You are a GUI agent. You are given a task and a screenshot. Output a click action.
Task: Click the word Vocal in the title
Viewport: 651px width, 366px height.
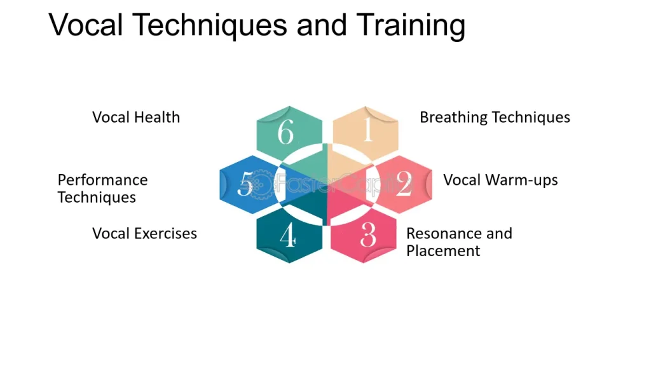[86, 25]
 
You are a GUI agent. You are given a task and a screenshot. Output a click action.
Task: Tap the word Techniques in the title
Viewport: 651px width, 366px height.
[210, 25]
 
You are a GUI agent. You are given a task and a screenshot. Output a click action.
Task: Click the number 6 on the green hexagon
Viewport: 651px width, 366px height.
[285, 132]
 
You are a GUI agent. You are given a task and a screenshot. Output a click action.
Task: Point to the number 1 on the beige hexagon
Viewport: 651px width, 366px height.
[367, 130]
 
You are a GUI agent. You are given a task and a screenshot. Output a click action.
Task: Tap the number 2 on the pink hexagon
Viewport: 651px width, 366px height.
[404, 184]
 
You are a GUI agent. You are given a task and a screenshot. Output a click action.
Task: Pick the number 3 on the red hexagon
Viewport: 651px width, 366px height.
[368, 235]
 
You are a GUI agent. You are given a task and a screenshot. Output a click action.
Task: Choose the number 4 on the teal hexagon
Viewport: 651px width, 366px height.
[288, 235]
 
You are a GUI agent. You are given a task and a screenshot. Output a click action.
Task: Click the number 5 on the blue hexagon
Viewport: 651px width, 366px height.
[245, 184]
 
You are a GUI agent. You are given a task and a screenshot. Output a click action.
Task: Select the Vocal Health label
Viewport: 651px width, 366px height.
[136, 117]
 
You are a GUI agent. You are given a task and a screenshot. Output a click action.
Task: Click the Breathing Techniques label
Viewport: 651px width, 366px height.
[495, 118]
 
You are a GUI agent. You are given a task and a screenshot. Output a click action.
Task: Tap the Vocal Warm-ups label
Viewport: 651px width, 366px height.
[500, 180]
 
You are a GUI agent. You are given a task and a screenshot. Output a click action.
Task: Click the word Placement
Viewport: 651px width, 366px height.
[443, 250]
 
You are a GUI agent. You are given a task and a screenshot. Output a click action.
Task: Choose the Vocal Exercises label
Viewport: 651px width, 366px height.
[144, 233]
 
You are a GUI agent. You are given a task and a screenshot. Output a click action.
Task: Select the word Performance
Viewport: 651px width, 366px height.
[102, 180]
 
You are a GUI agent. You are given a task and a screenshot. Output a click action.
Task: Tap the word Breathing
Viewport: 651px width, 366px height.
[454, 118]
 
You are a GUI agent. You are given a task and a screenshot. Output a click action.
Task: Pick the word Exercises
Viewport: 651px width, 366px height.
[165, 233]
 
